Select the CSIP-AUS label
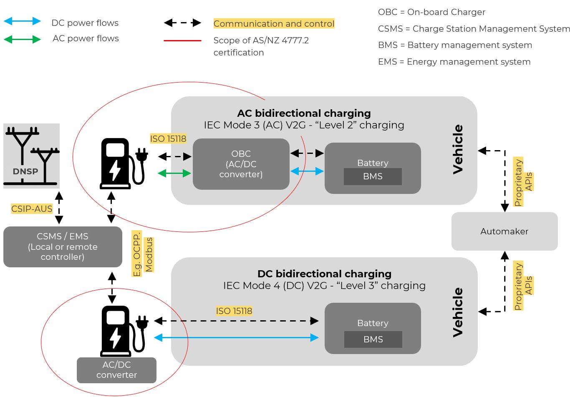[x=32, y=209]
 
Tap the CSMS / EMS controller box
[x=63, y=246]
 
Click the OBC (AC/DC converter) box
[x=241, y=164]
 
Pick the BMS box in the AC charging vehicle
[x=373, y=176]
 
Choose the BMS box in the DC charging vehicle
[x=373, y=339]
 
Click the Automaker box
[x=504, y=231]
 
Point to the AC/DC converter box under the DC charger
[x=116, y=370]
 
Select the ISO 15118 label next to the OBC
[x=168, y=138]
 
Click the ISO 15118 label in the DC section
[x=234, y=311]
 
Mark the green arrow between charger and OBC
[x=174, y=173]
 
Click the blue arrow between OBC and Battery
[x=307, y=171]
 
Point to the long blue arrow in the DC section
[x=236, y=337]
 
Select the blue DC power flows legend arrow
[x=22, y=21]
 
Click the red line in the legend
[x=182, y=40]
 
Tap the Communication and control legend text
[x=274, y=24]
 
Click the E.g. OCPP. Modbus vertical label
[x=143, y=254]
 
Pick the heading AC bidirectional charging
[x=304, y=113]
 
